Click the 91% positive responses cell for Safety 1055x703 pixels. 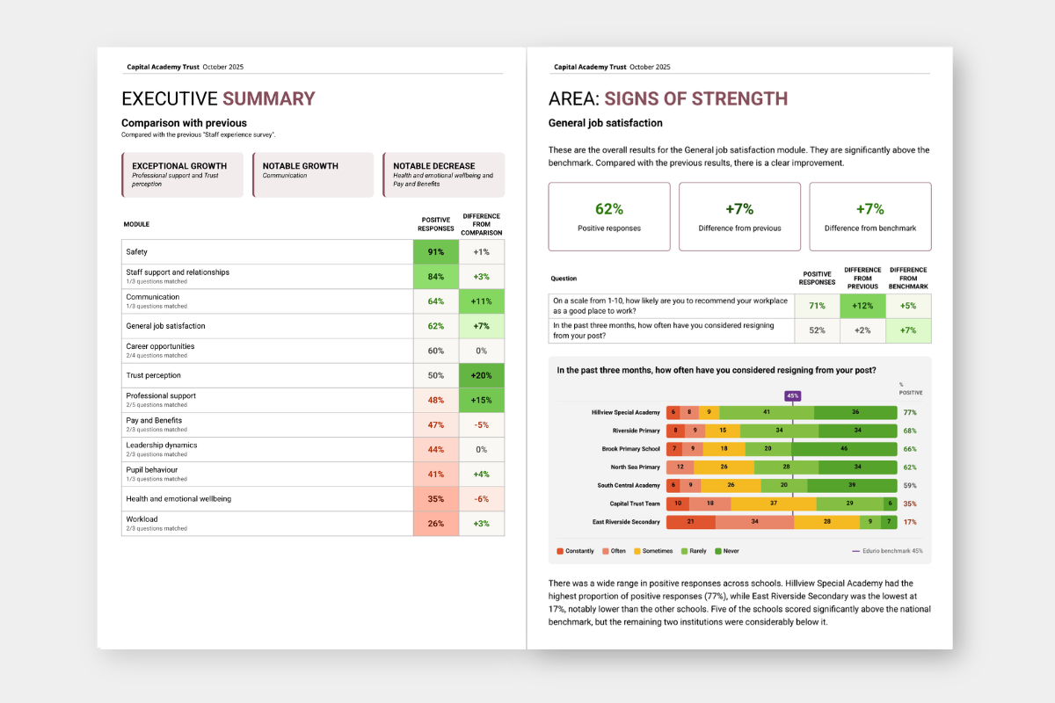tap(436, 252)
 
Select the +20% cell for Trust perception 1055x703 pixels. tap(481, 375)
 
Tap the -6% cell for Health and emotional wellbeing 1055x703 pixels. tap(481, 498)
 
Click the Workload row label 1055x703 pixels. tap(142, 519)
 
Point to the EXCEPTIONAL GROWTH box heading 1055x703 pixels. tap(179, 166)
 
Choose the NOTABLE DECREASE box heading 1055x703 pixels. tap(434, 166)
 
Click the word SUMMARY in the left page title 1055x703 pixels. tap(268, 98)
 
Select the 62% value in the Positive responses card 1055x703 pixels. tap(608, 209)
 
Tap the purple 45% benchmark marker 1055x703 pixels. tap(793, 395)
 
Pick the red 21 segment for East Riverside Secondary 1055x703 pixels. tap(690, 522)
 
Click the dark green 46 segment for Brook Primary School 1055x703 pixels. tap(844, 449)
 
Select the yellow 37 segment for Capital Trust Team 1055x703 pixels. tap(773, 504)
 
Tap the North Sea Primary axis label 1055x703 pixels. tap(635, 467)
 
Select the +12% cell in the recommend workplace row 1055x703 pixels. tap(862, 305)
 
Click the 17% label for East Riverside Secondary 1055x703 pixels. tap(909, 522)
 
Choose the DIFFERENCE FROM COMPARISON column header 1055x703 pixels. tap(482, 224)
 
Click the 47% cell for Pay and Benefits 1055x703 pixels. tap(436, 424)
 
